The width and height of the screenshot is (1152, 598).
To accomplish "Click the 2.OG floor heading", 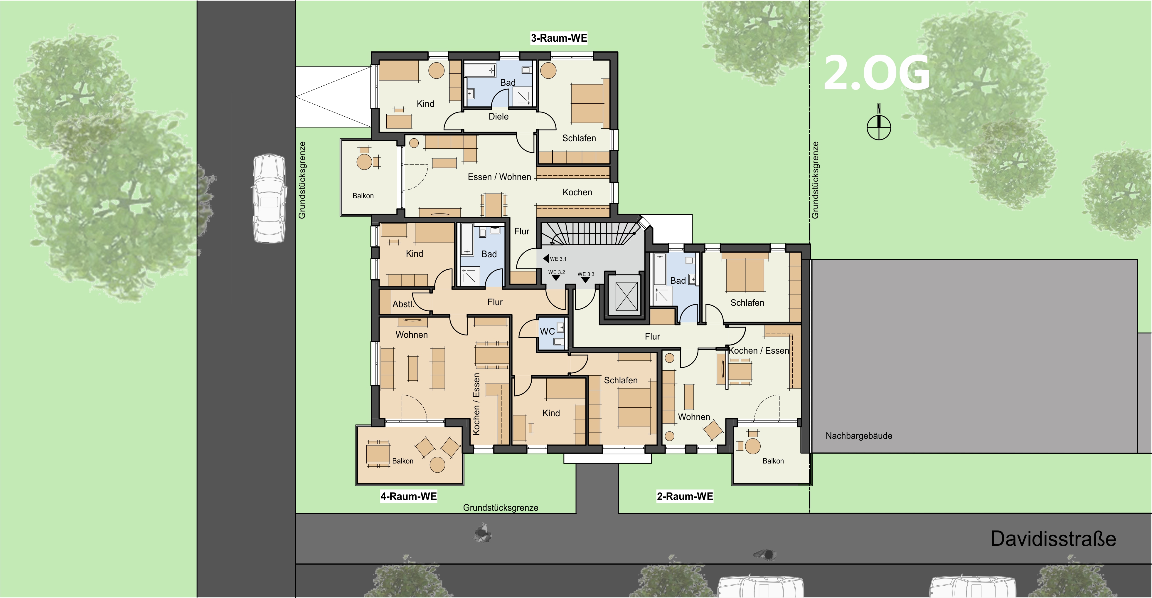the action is tap(877, 73).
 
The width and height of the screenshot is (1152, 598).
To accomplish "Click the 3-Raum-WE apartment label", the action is tap(559, 38).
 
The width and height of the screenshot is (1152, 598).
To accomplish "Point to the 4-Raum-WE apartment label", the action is tap(408, 496).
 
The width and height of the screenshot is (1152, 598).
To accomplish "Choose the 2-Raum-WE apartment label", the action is tap(685, 496).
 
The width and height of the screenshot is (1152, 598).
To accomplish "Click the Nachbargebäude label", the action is tap(859, 436).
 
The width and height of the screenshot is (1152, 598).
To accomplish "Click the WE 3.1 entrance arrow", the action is tap(546, 258).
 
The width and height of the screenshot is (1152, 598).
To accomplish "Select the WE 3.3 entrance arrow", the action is tap(585, 280).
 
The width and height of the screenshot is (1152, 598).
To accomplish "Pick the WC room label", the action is tap(548, 331).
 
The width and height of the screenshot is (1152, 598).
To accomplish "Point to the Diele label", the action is tap(498, 116).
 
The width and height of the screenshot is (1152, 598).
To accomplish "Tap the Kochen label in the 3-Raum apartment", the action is tap(577, 192).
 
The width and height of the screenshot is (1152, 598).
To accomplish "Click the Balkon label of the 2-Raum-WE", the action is tap(773, 461).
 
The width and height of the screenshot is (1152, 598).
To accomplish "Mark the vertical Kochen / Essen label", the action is tap(476, 404).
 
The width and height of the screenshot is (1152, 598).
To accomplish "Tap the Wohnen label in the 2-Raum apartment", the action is tap(694, 417).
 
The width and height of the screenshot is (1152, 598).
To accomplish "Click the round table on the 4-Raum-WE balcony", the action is tap(437, 465).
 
